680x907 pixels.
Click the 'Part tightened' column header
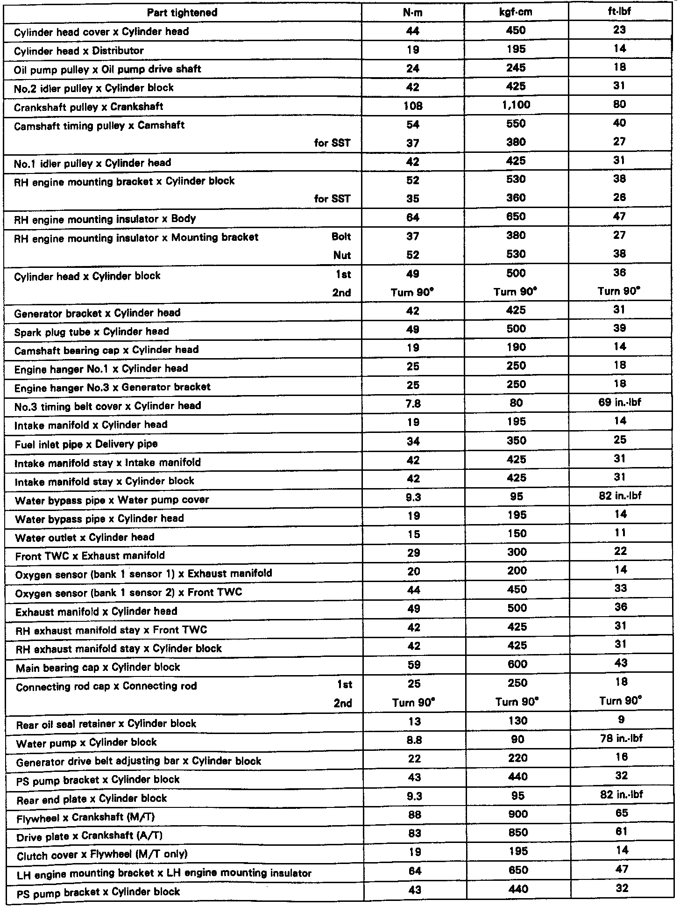click(182, 13)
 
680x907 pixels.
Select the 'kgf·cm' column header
click(516, 12)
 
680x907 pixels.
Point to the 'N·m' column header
click(413, 13)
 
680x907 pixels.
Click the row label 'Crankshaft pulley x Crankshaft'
click(89, 107)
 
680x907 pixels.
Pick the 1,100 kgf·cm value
click(516, 105)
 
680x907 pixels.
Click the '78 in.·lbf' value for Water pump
click(621, 739)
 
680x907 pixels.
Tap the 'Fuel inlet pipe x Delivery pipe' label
click(86, 444)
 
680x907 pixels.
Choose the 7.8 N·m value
click(413, 403)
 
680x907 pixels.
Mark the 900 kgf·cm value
click(517, 814)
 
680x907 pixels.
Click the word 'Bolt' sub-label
click(341, 237)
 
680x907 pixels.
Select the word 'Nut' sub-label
click(342, 256)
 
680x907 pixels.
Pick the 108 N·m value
click(413, 106)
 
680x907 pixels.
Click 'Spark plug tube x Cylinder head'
click(92, 332)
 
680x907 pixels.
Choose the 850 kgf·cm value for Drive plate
click(517, 833)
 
